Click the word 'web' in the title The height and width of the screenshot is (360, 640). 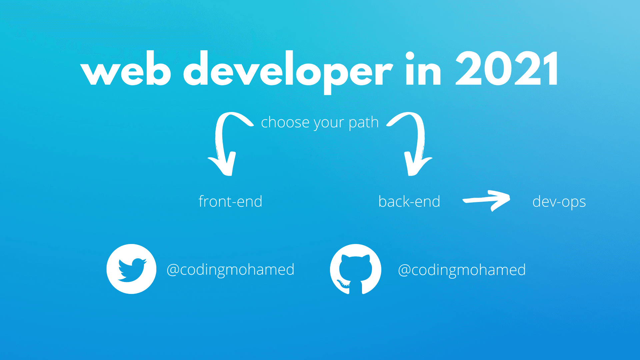[126, 68]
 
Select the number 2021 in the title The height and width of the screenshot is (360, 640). [507, 69]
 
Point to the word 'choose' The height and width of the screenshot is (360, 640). [286, 122]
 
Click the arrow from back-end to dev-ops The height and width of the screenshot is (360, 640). [486, 200]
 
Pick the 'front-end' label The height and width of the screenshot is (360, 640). [230, 202]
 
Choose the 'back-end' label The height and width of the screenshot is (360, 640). [409, 201]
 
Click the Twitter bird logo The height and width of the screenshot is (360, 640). [131, 269]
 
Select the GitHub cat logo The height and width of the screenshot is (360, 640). [355, 269]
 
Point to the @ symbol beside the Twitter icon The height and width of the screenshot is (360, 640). [173, 270]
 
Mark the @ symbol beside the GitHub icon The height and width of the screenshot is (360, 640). [405, 270]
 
